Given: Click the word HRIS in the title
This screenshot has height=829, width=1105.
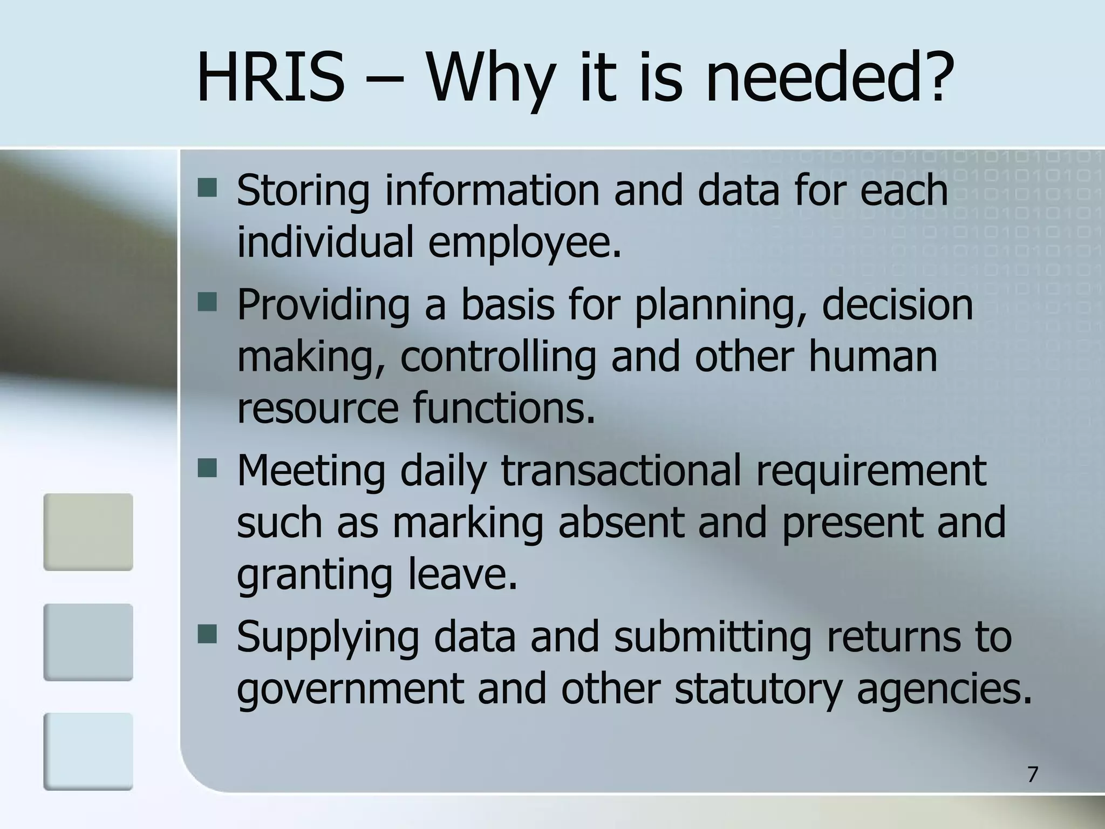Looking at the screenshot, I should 270,78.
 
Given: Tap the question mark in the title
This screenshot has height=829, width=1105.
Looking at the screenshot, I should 932,78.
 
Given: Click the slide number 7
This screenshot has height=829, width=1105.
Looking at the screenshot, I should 1032,774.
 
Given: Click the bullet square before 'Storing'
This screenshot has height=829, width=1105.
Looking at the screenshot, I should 207,188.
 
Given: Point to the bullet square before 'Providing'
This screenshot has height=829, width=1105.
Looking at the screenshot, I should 207,303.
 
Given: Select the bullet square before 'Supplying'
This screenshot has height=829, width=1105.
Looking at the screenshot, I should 207,635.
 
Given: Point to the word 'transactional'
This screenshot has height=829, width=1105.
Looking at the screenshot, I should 621,471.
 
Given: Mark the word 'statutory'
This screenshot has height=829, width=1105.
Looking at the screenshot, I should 758,690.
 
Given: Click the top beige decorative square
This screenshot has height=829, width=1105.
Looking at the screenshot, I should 88,532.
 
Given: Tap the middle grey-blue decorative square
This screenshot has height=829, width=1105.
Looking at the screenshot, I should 88,642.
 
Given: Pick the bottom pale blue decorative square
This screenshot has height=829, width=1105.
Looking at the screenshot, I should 88,751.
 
